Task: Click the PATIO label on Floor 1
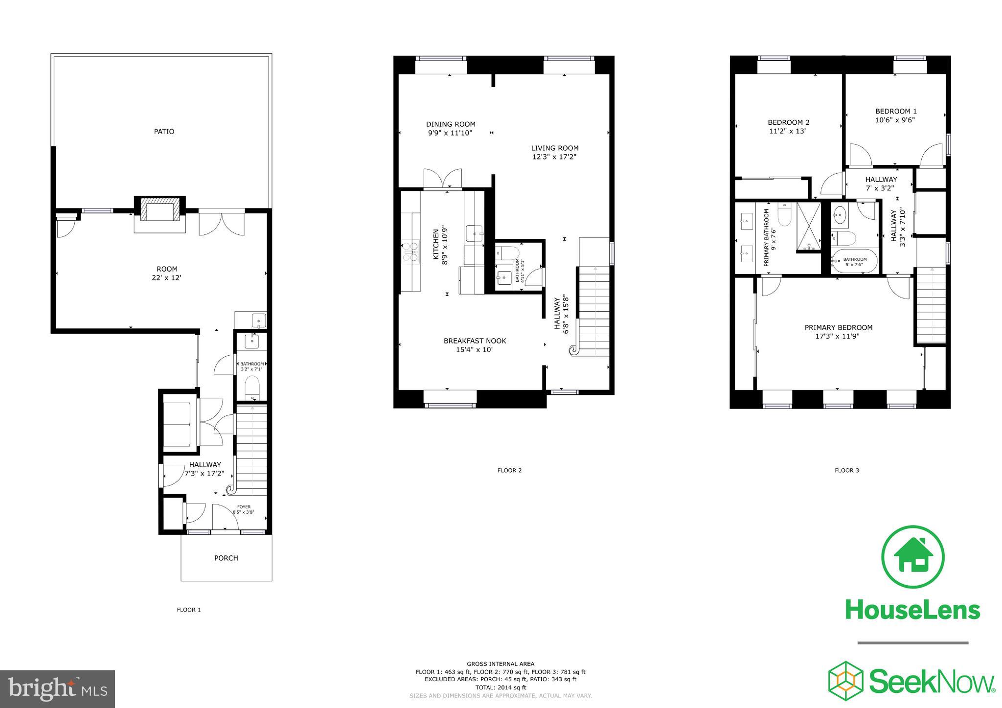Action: coord(164,132)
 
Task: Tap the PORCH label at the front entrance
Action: coord(226,558)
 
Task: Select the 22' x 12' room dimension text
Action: coord(167,278)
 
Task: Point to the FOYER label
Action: coord(244,507)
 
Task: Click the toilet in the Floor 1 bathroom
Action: coord(252,388)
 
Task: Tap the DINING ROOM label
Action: coord(451,124)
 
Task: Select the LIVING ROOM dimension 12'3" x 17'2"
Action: coord(555,157)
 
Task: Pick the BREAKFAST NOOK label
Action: coord(475,341)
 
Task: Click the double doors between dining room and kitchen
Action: coord(443,179)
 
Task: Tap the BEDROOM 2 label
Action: coord(788,122)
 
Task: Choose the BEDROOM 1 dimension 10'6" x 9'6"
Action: coord(895,120)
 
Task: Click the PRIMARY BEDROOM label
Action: coord(839,328)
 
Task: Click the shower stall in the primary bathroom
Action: coord(808,227)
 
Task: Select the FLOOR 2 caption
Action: coord(509,471)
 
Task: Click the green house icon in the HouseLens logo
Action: coord(912,557)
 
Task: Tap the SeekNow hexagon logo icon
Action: coord(845,681)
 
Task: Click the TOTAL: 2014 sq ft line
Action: coord(501,687)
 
